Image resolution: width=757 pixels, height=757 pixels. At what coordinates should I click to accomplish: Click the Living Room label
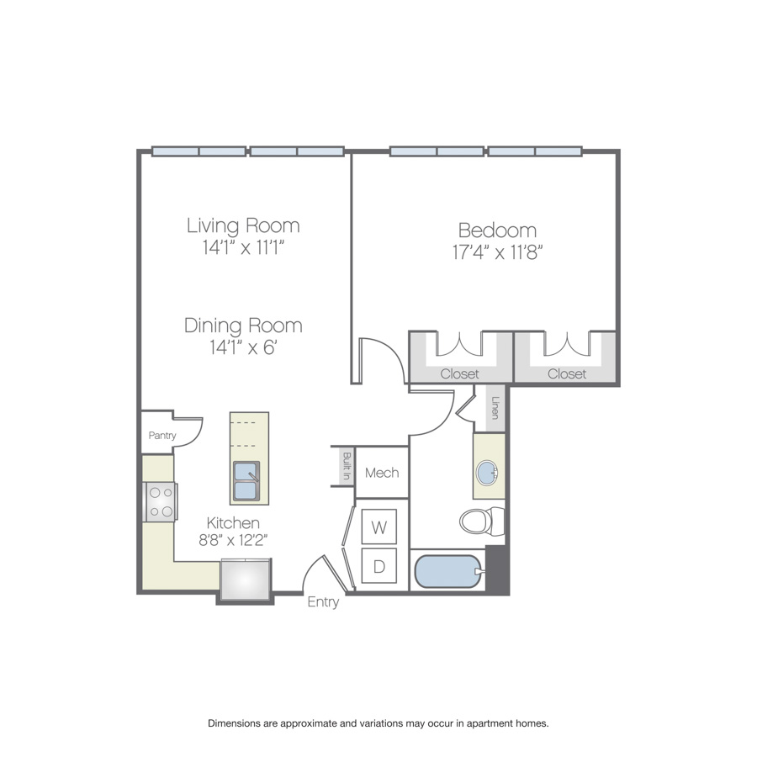pyautogui.click(x=243, y=226)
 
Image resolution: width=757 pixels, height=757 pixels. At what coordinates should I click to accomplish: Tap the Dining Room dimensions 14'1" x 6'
pyautogui.click(x=243, y=347)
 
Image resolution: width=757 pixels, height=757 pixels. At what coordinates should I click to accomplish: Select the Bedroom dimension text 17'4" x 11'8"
pyautogui.click(x=497, y=252)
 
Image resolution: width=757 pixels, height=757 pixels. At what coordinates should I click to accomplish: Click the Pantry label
pyautogui.click(x=162, y=436)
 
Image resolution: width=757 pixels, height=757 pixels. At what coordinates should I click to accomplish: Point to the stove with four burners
pyautogui.click(x=161, y=502)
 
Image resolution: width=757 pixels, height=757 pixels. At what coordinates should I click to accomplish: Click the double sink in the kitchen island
pyautogui.click(x=246, y=481)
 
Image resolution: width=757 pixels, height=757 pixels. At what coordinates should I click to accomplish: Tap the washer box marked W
pyautogui.click(x=379, y=527)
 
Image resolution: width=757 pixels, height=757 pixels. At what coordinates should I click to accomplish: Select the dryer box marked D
pyautogui.click(x=379, y=566)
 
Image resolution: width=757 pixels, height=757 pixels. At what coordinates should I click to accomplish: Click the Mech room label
pyautogui.click(x=382, y=473)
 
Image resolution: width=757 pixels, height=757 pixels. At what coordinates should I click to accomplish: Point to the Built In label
pyautogui.click(x=347, y=466)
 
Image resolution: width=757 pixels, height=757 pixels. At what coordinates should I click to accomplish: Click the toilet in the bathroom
pyautogui.click(x=482, y=521)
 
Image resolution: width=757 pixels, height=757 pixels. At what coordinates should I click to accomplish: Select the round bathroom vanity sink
pyautogui.click(x=487, y=473)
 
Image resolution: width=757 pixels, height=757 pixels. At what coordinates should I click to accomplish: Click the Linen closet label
pyautogui.click(x=495, y=408)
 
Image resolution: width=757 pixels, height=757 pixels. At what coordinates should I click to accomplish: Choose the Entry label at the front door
pyautogui.click(x=323, y=602)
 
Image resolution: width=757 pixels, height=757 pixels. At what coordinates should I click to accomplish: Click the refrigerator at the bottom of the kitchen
pyautogui.click(x=246, y=580)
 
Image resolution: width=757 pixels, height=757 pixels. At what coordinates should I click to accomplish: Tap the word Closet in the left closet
pyautogui.click(x=459, y=373)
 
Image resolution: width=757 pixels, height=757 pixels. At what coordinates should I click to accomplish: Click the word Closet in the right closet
pyautogui.click(x=567, y=373)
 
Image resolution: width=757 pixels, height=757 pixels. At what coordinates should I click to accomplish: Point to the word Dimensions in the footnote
pyautogui.click(x=235, y=723)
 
